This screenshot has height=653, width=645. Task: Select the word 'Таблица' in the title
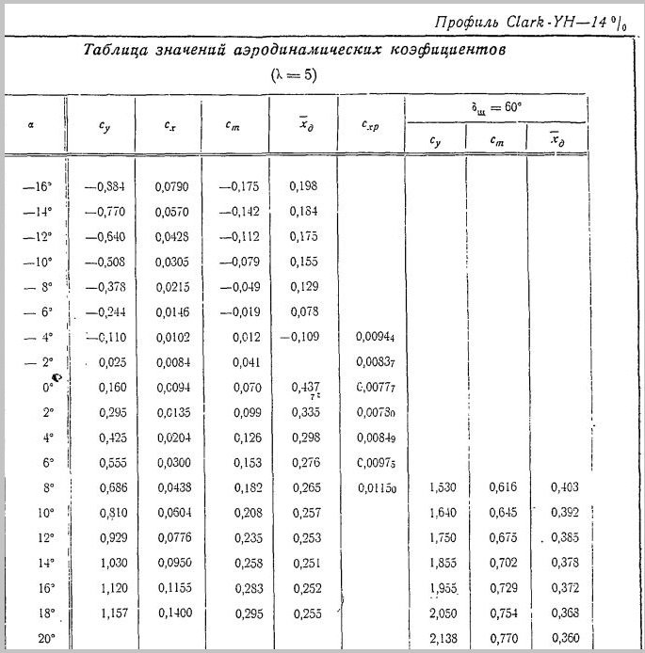tap(116, 51)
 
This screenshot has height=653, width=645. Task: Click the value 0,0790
tap(171, 186)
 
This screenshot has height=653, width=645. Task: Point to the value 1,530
tap(443, 487)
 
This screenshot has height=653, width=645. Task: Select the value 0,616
tap(503, 487)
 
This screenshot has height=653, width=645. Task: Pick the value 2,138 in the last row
tap(443, 639)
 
